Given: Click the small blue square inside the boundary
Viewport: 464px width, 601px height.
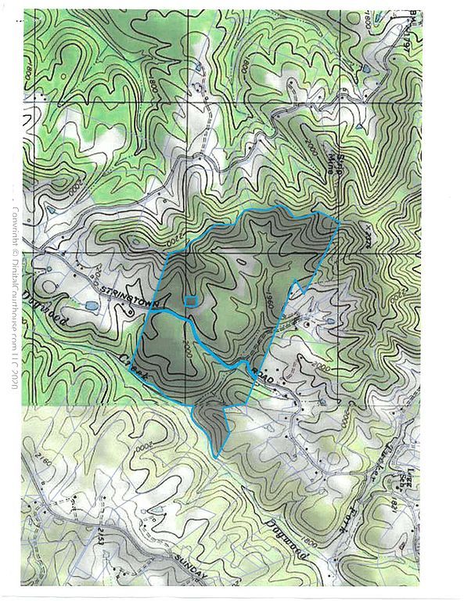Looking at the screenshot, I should tap(189, 300).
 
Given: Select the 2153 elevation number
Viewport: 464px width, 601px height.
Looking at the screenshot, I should tap(103, 538).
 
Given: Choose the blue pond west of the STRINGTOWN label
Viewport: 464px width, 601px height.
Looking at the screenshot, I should tap(90, 308).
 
